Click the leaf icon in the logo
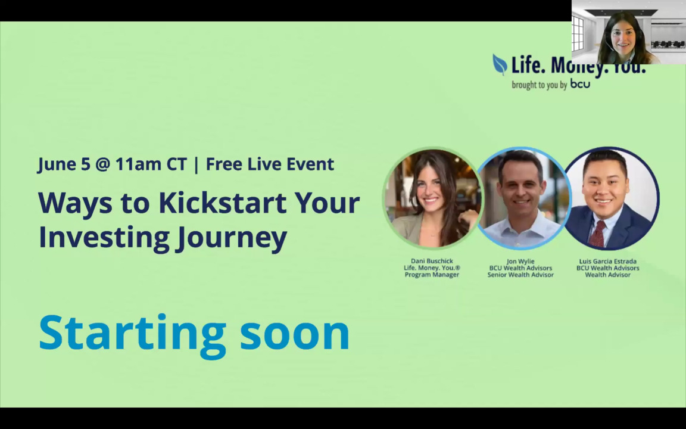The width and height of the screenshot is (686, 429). (x=500, y=64)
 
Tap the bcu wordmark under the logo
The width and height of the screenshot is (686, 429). (x=579, y=83)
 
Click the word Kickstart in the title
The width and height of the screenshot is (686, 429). (x=223, y=203)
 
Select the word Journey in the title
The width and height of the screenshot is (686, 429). (x=232, y=238)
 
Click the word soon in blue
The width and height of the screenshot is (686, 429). (x=294, y=334)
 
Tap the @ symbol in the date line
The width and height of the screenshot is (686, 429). (x=102, y=164)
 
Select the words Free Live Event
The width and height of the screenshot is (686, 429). (x=270, y=164)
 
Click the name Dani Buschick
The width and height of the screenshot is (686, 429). (x=432, y=261)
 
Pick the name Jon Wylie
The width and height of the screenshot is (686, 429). (x=520, y=262)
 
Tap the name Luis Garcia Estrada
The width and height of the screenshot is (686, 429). (x=607, y=262)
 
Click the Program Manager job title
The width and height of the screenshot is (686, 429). (x=432, y=275)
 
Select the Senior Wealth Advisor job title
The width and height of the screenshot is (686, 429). (x=520, y=275)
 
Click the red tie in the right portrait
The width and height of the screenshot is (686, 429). (x=598, y=234)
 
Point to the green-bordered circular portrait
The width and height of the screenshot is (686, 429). (x=433, y=198)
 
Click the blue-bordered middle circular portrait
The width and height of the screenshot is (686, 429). (x=523, y=198)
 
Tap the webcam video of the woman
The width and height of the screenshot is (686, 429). (x=629, y=32)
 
